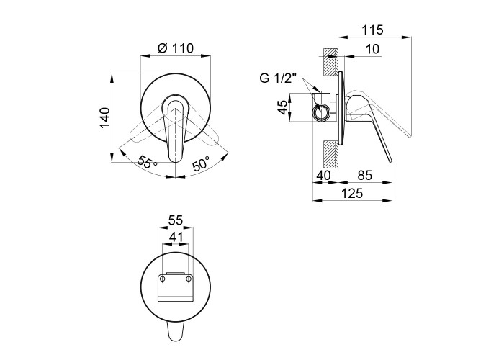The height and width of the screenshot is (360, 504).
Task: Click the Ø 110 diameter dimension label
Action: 176,48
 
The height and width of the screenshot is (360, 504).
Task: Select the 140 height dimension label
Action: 105,118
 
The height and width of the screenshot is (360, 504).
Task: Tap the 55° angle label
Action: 147,162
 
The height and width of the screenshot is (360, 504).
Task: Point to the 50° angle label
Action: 201,163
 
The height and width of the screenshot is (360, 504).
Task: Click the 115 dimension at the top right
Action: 373,30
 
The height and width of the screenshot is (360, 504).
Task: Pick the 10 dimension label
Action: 372,49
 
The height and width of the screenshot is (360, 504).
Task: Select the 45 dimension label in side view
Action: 283,107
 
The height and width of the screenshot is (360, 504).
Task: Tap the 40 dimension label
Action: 323,176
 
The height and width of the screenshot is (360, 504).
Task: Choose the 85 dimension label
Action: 364,176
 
